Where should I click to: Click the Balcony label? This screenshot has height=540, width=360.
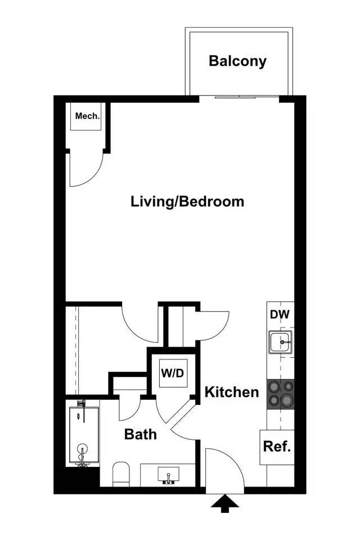(237, 61)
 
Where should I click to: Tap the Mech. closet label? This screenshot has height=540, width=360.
(88, 117)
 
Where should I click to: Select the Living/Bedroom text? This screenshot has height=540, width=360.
(187, 201)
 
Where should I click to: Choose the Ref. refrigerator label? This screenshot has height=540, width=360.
(277, 447)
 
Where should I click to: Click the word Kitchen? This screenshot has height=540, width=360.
(231, 392)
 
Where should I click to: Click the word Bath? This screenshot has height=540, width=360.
(140, 434)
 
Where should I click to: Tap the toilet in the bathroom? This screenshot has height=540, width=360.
(121, 474)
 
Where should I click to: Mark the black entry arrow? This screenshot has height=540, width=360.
(224, 503)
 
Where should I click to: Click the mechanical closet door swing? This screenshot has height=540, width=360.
(84, 169)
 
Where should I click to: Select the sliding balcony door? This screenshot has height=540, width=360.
(239, 97)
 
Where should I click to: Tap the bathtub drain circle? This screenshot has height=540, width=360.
(83, 449)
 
